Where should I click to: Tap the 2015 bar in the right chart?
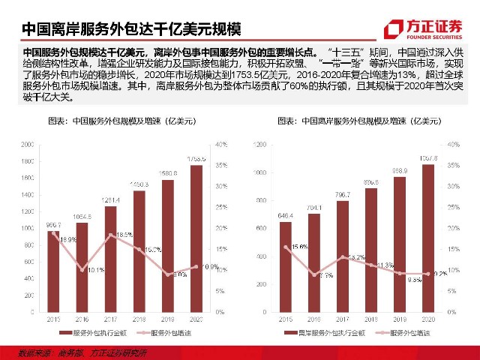pos(286,266)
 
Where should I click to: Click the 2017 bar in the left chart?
pos(110,259)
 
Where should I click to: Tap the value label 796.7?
pos(342,195)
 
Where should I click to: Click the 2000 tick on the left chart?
pos(28,144)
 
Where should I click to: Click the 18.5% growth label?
pos(124,235)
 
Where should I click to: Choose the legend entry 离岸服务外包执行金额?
pos(322,331)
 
